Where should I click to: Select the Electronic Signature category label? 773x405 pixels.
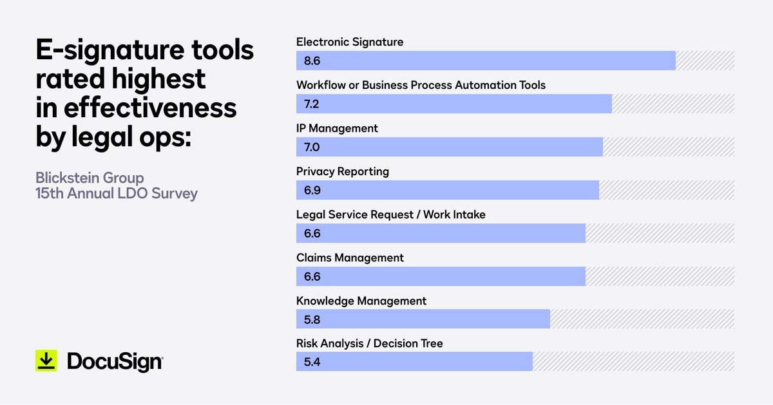tap(350, 42)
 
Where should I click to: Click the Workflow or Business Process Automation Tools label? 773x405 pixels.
tap(421, 85)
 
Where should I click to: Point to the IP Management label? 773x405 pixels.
tap(337, 128)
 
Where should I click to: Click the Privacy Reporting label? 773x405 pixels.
tap(342, 171)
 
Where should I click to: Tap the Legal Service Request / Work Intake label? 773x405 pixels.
tap(390, 214)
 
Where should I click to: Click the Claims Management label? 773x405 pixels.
tap(350, 258)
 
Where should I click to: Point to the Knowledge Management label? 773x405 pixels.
tap(361, 301)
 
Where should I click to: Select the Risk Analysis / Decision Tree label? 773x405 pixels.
tap(369, 343)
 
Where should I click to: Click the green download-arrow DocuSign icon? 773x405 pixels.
tap(46, 361)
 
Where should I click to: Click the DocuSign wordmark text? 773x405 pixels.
tap(115, 362)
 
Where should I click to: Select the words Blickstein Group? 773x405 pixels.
tap(90, 177)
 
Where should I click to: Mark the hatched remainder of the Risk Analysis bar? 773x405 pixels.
tap(633, 361)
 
